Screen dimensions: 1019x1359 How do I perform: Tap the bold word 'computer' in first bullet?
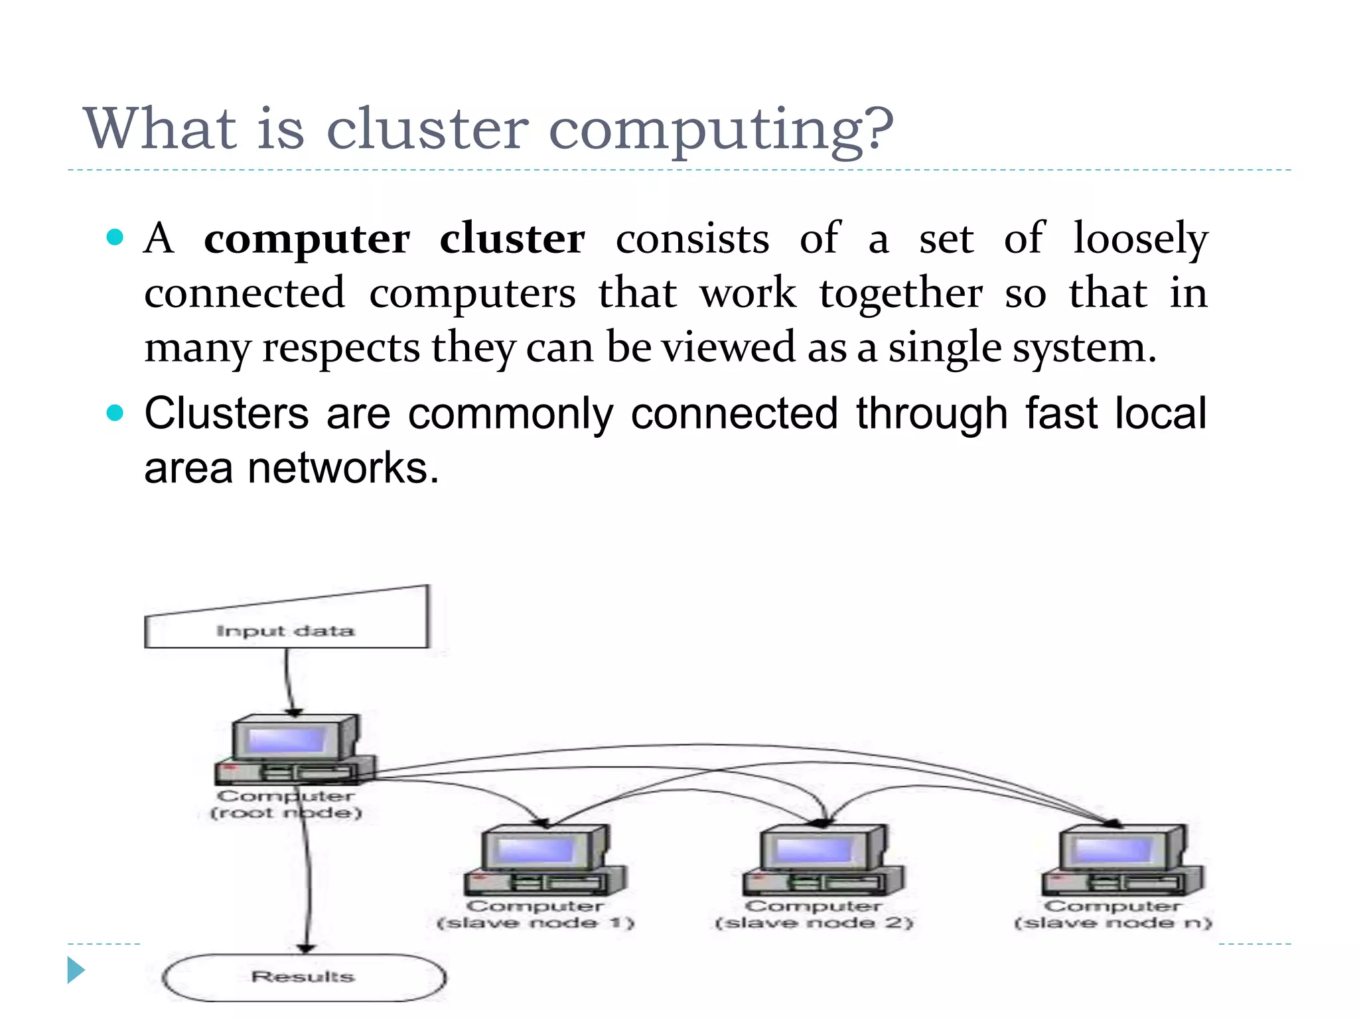(x=307, y=239)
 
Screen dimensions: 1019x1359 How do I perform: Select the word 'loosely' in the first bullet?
(x=1141, y=239)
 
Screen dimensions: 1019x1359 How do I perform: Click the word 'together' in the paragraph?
(x=900, y=293)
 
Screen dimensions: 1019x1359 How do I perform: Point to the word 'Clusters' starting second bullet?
(x=226, y=414)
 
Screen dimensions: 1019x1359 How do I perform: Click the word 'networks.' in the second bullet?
(x=343, y=468)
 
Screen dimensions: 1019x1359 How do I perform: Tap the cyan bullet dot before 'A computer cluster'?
(x=115, y=237)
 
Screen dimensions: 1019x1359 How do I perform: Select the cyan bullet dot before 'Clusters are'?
(x=115, y=413)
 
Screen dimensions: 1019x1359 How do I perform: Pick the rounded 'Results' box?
(x=303, y=977)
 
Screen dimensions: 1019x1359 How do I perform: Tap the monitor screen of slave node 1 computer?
(x=535, y=850)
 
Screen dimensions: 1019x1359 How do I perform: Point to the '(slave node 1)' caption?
(x=535, y=923)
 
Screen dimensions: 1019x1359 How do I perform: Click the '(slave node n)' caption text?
(x=1113, y=923)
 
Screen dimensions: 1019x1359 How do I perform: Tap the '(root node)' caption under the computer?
(x=285, y=813)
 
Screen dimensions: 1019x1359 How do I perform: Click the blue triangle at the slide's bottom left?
(x=76, y=971)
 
